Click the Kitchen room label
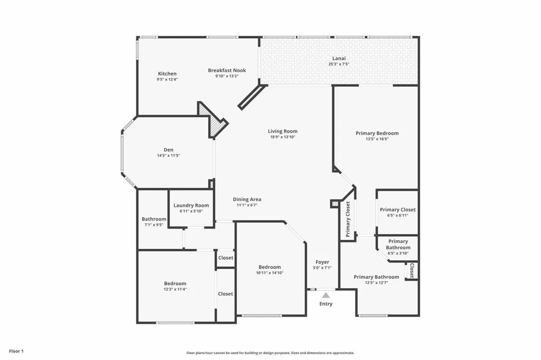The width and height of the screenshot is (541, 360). [167, 73]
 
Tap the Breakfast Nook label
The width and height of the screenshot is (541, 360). [227, 70]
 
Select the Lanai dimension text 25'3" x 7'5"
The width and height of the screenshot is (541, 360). [339, 64]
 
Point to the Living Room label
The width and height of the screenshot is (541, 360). [283, 131]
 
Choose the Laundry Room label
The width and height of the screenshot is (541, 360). [191, 205]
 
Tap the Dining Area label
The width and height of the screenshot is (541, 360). [247, 199]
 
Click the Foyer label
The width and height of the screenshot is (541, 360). [322, 262]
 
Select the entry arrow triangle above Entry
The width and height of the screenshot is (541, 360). [326, 295]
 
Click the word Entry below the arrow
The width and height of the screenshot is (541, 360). [326, 304]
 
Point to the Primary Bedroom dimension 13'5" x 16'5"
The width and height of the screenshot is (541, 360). [377, 139]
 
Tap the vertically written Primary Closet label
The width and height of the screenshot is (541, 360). [348, 219]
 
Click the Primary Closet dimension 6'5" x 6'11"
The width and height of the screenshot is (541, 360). [397, 215]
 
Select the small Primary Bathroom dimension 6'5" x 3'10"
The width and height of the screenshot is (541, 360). [398, 253]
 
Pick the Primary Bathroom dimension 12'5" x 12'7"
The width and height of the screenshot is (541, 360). [376, 283]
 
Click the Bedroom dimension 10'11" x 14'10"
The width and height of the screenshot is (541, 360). [269, 273]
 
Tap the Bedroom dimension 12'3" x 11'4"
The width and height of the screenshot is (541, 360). [174, 289]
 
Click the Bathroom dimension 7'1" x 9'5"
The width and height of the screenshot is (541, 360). [154, 225]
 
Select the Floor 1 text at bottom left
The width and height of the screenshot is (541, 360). [16, 351]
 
